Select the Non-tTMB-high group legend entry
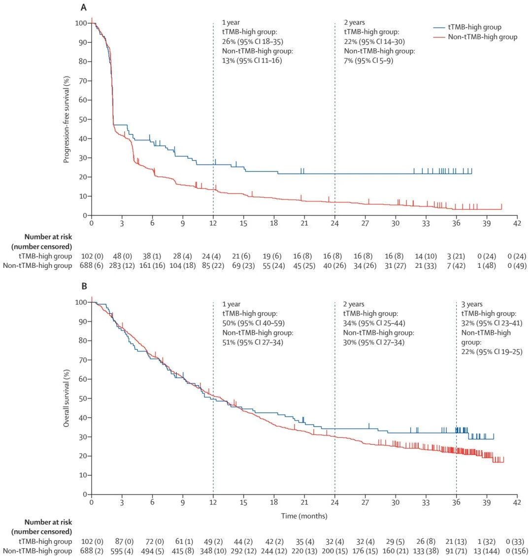point(482,36)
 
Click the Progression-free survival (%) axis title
point(66,119)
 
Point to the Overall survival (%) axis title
point(66,398)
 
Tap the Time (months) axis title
point(304,516)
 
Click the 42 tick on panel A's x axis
point(517,223)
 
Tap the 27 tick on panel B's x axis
point(365,502)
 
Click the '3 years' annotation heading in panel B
point(472,304)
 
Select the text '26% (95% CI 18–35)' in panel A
point(253,41)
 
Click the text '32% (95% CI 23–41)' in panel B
point(492,323)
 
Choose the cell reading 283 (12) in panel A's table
point(122,266)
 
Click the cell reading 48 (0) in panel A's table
point(122,256)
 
